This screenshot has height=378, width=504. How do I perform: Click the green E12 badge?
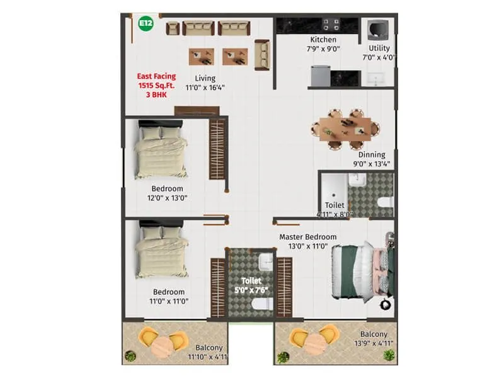coord(146,24)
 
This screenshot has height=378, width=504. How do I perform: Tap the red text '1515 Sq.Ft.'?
coord(157,86)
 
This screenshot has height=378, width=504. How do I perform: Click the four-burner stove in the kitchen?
coord(331,25)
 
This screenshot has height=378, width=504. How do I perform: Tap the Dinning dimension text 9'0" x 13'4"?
coord(371,164)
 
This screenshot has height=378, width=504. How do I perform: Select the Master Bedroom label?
coord(307,237)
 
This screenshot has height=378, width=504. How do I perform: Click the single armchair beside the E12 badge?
coord(173,28)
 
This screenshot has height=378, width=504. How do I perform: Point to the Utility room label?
coord(379,48)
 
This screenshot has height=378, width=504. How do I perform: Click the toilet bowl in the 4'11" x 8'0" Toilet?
coord(385,202)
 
